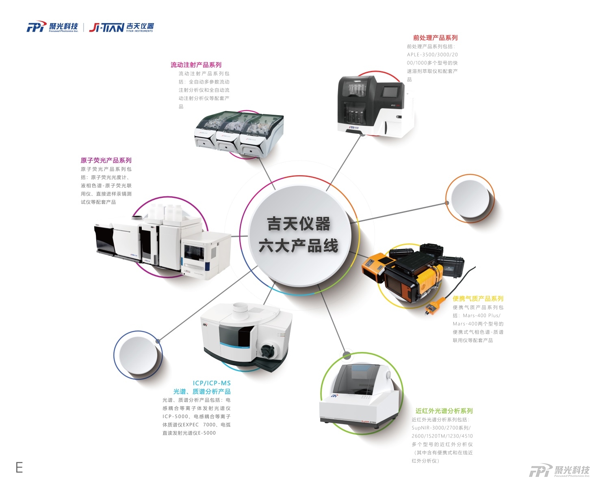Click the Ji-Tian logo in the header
pos(121,28)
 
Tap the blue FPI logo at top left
pos(52,27)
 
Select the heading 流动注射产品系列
pos(196,65)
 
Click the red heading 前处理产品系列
pos(435,38)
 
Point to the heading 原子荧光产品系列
pos(106,161)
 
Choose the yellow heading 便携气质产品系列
pos(478,299)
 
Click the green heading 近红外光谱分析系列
pos(444,411)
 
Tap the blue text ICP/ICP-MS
pos(212,383)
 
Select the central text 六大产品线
pos(299,245)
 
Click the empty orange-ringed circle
pos(470,199)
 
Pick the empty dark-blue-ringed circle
pos(138,355)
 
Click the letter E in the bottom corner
pos(19,467)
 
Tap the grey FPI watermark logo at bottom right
pos(559,471)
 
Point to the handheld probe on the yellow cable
pos(435,306)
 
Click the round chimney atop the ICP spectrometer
pos(241,311)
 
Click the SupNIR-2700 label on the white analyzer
pos(368,422)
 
